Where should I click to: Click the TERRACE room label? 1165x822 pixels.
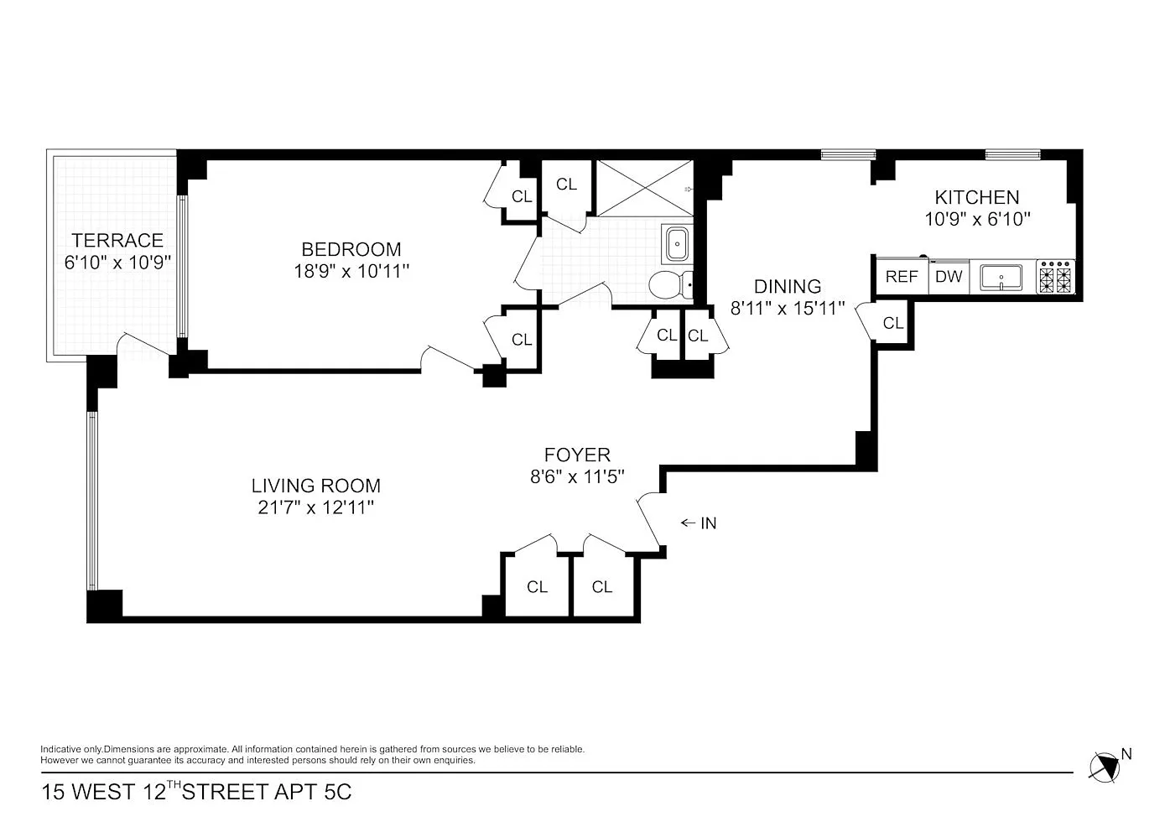point(117,241)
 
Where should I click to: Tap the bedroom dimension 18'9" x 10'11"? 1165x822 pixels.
point(351,272)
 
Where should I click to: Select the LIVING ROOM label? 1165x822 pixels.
point(316,486)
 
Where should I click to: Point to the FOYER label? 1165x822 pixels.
point(577,455)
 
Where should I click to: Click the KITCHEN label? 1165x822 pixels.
point(977,198)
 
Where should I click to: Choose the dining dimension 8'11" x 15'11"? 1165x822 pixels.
point(788,309)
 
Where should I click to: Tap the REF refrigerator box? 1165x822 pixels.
point(902,277)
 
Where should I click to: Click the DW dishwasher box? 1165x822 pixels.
point(949,277)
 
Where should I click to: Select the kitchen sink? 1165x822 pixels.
point(1001,278)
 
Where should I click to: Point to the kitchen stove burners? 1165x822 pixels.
point(1056,278)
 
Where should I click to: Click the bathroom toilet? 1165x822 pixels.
point(671,284)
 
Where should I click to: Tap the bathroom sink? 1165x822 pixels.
point(677,243)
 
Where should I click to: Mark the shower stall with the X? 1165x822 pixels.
point(645,188)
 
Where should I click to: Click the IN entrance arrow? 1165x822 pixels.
point(688,523)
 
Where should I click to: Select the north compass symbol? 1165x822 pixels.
point(1105,767)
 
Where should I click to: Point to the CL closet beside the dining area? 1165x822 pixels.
point(893,324)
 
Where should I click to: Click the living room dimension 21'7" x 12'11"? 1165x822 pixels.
point(316,507)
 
